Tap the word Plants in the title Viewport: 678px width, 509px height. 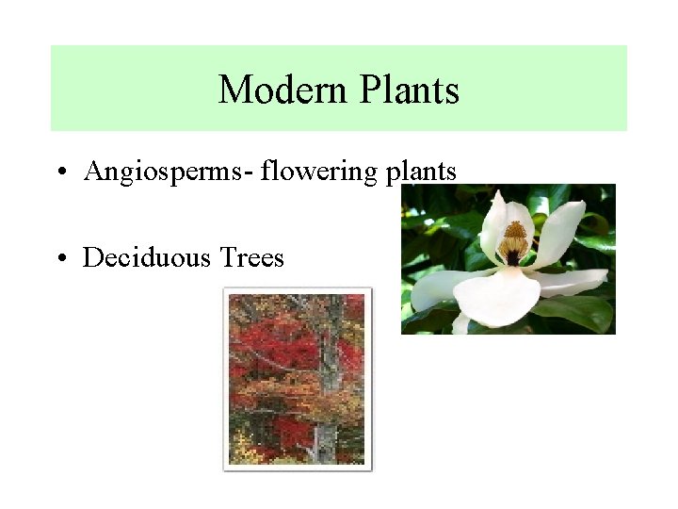point(409,90)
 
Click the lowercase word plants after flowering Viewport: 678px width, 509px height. point(421,172)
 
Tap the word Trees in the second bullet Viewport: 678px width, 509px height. point(251,257)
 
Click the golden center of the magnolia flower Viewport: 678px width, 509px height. point(514,241)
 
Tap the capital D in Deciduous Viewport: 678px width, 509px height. point(92,257)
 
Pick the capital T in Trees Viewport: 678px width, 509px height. point(227,257)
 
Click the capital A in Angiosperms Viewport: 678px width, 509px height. point(93,172)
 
